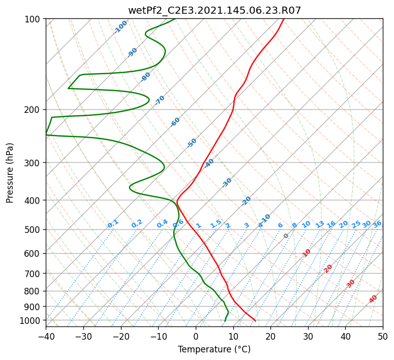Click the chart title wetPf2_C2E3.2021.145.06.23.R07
[x=215, y=10]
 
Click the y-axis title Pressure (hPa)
[x=9, y=173]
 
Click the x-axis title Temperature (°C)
[x=215, y=349]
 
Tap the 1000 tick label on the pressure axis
[x=32, y=320]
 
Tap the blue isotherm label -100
[x=120, y=27]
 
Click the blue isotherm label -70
[x=160, y=100]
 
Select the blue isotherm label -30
[x=227, y=183]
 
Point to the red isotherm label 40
[x=373, y=299]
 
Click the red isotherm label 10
[x=307, y=253]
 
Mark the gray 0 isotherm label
[x=286, y=236]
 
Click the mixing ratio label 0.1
[x=113, y=224]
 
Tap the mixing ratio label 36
[x=377, y=224]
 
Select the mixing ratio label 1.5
[x=216, y=224]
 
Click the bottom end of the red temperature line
[x=255, y=321]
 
